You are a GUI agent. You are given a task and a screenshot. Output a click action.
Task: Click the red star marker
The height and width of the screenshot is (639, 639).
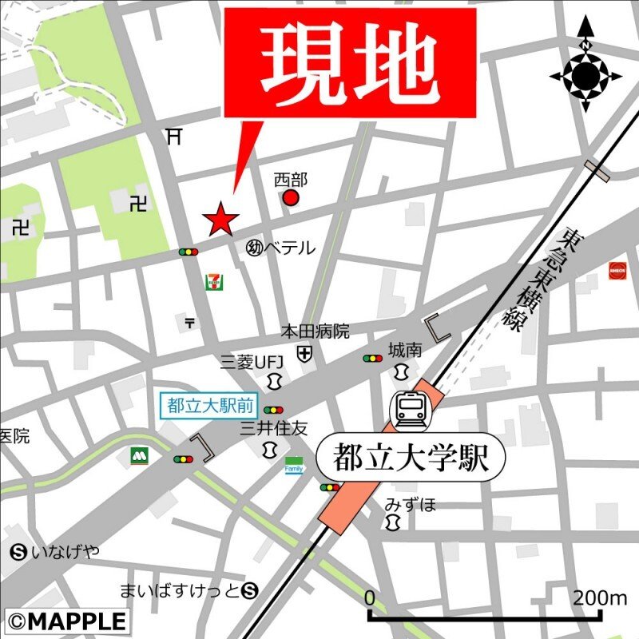(x=220, y=218)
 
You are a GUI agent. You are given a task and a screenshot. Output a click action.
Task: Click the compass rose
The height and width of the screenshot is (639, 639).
(x=585, y=75)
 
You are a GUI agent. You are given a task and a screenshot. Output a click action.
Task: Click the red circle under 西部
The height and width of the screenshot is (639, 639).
(x=291, y=197)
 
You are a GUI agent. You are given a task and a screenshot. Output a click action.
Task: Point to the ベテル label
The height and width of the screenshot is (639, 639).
(x=289, y=248)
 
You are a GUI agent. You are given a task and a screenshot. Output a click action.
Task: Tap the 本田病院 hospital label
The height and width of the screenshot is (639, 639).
(x=315, y=331)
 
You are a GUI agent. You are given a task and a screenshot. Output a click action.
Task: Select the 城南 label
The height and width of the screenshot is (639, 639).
(x=405, y=350)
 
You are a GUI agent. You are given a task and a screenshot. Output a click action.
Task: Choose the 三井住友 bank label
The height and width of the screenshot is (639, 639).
(x=274, y=429)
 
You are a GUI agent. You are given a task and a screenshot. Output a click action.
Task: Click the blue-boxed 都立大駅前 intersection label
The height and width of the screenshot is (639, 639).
(x=210, y=405)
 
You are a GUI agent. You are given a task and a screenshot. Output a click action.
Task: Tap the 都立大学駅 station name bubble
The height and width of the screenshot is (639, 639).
(x=412, y=458)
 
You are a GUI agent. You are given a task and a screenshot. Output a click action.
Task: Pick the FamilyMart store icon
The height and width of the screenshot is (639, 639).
(x=294, y=465)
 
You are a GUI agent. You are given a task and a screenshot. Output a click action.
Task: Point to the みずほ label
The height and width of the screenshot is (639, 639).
(x=411, y=504)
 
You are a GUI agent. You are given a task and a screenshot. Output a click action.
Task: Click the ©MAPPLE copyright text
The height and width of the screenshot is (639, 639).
(x=67, y=621)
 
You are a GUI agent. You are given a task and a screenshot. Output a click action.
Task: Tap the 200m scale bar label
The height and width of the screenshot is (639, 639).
(x=600, y=597)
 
